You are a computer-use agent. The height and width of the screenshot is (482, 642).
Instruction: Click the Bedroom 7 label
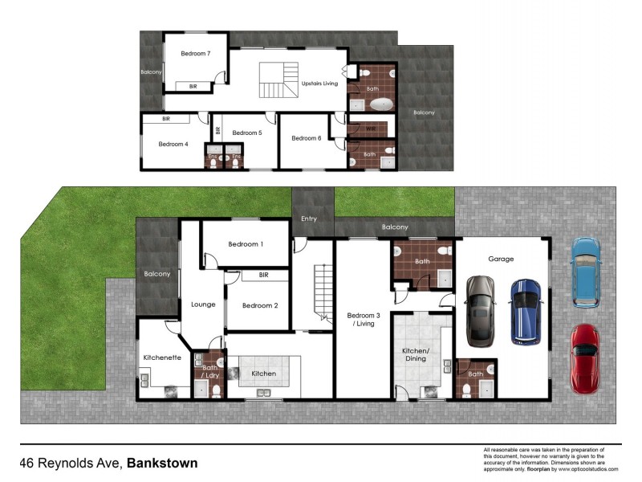point(196,54)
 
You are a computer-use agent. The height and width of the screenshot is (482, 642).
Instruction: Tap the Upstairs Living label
point(319,84)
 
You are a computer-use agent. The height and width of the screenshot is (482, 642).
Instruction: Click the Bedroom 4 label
point(173,145)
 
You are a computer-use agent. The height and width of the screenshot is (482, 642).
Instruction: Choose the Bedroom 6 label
point(306,138)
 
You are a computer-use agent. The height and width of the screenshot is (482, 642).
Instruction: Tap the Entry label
point(308,219)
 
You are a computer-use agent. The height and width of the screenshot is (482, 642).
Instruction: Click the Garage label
point(501,259)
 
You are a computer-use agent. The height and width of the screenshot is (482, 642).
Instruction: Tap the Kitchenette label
point(161,357)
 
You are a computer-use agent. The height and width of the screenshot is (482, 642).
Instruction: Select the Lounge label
point(204,304)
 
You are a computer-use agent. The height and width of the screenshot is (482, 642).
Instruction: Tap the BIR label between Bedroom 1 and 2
point(263,276)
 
